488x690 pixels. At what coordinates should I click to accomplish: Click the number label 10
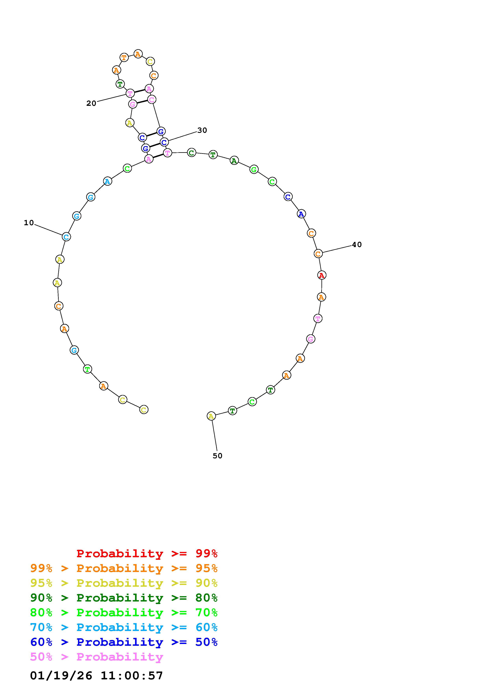pos(29,223)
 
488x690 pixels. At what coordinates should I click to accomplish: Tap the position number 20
pos(91,103)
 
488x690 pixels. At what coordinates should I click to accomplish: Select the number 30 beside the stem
pos(202,130)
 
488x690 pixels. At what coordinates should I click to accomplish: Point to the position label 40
pos(357,245)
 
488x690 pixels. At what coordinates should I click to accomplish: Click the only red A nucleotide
pos(322,275)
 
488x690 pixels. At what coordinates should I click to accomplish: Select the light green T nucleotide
pos(87,369)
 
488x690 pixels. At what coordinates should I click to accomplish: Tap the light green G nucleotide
pos(254,170)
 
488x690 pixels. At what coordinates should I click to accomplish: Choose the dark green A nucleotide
pos(234,161)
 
